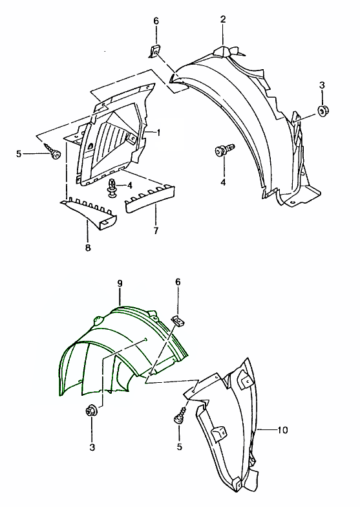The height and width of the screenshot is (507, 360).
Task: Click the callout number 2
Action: click(223, 19)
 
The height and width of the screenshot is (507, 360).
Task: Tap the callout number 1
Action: click(158, 133)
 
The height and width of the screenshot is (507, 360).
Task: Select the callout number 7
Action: click(156, 230)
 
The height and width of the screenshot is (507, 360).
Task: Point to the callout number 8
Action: click(88, 248)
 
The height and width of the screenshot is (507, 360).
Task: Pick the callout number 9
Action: click(120, 283)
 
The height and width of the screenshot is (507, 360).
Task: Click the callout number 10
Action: click(282, 430)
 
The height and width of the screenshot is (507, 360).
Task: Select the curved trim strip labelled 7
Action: click(150, 200)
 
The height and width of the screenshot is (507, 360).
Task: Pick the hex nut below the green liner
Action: click(90, 411)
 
